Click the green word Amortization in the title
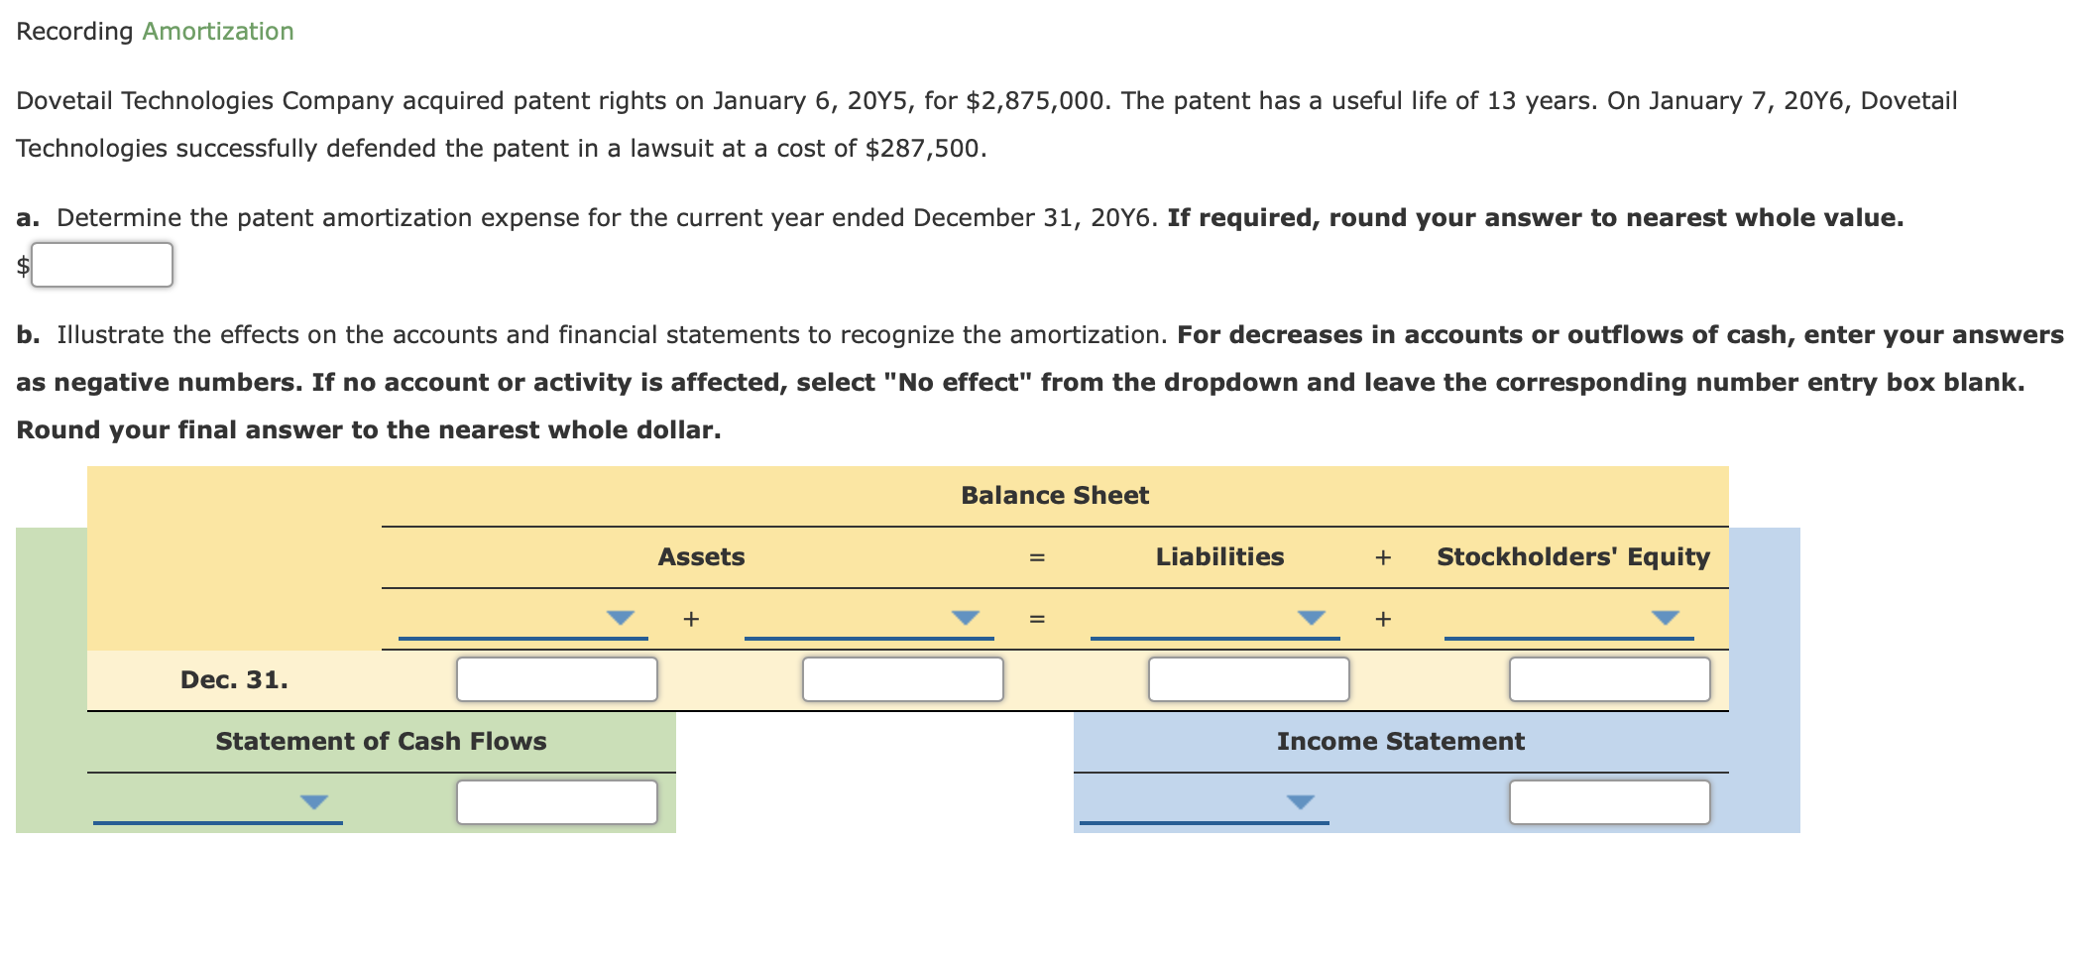click(217, 32)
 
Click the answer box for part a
click(102, 265)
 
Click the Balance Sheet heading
click(1054, 496)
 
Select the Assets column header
click(701, 557)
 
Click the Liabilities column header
click(1219, 557)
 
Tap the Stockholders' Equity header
click(1572, 557)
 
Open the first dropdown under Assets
click(620, 618)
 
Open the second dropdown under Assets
click(965, 618)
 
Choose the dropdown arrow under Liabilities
click(1311, 618)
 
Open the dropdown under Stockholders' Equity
click(1665, 618)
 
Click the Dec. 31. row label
click(234, 680)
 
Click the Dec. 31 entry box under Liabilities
click(1248, 679)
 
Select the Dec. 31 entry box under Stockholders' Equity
click(1609, 679)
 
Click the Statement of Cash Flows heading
click(381, 742)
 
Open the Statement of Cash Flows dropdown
click(313, 801)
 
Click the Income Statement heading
click(1400, 742)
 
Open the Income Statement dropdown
click(1300, 801)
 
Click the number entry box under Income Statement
click(1609, 802)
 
